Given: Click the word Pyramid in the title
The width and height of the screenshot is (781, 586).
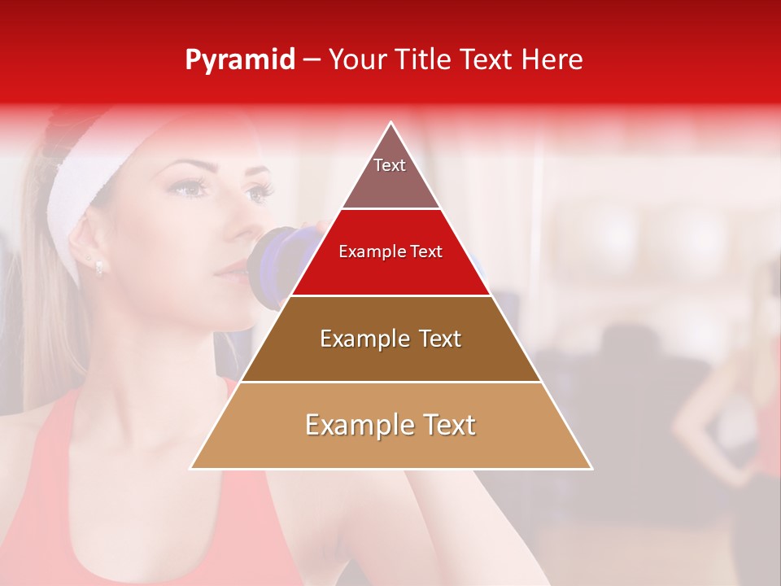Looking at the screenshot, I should click(240, 60).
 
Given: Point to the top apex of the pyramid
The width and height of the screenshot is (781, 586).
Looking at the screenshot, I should click(391, 123).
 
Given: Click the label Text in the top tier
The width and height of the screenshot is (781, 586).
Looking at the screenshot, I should click(390, 165).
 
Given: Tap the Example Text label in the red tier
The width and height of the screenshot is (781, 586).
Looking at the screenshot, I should click(390, 251).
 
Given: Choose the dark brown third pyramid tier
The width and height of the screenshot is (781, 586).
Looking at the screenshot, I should click(390, 350).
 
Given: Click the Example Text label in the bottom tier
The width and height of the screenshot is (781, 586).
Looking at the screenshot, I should click(390, 425).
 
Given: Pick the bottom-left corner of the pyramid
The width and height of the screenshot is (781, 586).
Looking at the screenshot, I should click(191, 469).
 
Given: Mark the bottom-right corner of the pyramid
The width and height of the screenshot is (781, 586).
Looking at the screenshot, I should click(591, 469).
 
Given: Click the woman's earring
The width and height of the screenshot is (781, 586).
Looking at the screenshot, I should click(98, 266).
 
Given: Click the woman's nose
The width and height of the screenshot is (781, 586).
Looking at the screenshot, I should click(238, 224).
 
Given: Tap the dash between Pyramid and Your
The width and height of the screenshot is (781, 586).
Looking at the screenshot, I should click(311, 60).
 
